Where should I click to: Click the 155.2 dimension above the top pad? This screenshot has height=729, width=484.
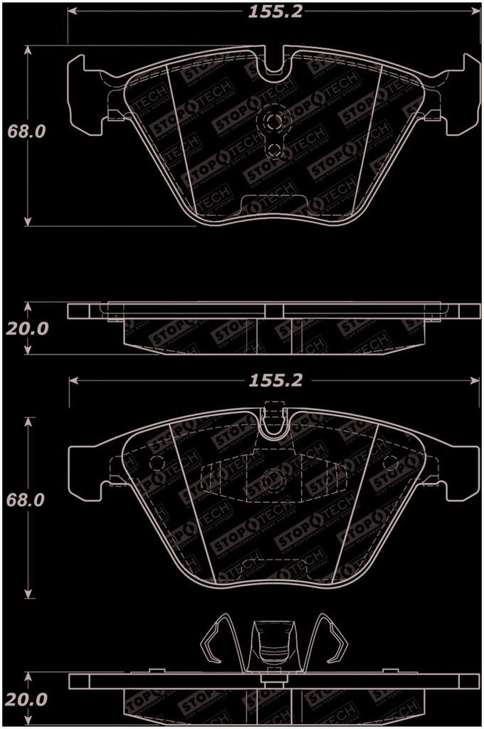click(274, 12)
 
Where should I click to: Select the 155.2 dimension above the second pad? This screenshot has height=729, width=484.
click(275, 380)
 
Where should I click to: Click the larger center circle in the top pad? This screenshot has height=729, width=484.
click(273, 120)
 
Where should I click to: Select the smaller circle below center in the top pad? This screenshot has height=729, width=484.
click(273, 148)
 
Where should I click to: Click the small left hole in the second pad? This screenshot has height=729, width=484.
click(157, 463)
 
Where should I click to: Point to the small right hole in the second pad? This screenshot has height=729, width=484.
click(389, 463)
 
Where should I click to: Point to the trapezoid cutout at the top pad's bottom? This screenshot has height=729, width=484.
click(273, 204)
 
